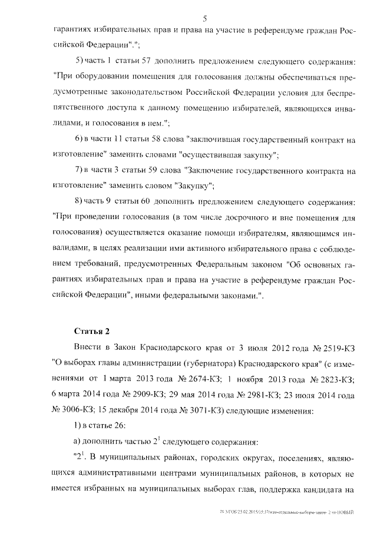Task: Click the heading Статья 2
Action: click(90, 329)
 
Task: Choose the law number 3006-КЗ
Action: click(75, 410)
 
